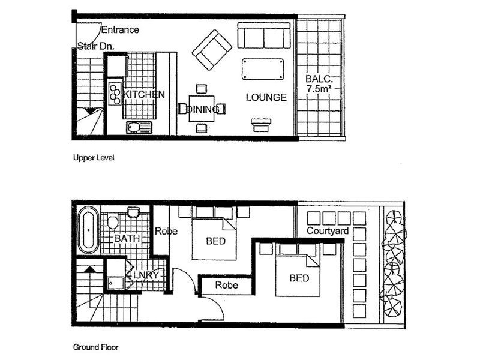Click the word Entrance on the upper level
(120, 29)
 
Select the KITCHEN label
(144, 95)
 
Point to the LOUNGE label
(266, 97)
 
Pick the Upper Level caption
(93, 158)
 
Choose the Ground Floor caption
(95, 347)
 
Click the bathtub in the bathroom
(88, 229)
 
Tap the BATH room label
(127, 238)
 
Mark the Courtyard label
(328, 231)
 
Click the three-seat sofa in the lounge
(264, 35)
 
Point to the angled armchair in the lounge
(212, 49)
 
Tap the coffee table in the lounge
(263, 68)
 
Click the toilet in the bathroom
(113, 223)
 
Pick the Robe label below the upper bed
(227, 285)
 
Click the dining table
(202, 109)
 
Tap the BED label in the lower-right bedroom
(299, 278)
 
